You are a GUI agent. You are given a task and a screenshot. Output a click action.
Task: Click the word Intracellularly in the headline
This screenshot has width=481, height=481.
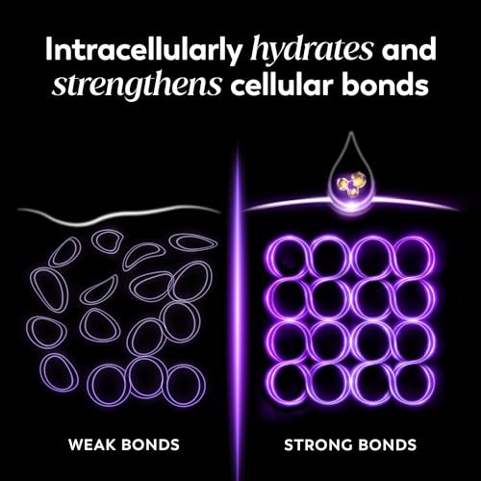tap(143, 51)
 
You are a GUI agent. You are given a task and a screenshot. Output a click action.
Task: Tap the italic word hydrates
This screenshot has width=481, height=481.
tap(312, 50)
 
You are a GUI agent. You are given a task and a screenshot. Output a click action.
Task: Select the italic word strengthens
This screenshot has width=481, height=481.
tap(137, 83)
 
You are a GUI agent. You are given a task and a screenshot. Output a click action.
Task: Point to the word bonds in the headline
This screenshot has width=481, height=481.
tap(385, 84)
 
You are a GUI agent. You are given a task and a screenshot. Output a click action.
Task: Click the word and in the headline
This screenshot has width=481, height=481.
tap(409, 50)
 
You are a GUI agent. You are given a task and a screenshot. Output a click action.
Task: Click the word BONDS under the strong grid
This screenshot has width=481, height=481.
tap(387, 445)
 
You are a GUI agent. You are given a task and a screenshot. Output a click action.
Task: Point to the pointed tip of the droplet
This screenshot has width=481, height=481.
tap(351, 132)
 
